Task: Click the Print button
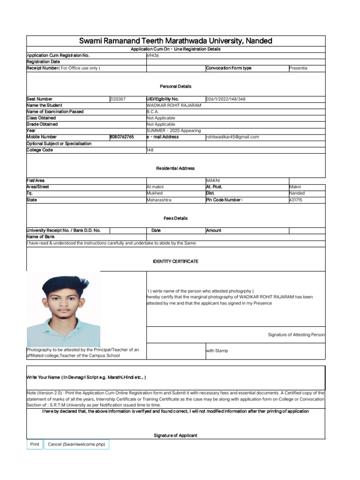click(35, 444)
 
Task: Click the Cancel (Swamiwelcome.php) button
click(76, 444)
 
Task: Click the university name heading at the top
click(175, 41)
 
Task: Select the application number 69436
click(153, 55)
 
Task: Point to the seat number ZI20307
click(118, 99)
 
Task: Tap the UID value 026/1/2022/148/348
click(225, 99)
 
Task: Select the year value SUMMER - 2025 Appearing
click(173, 131)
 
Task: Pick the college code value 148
click(150, 150)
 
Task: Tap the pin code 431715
click(296, 200)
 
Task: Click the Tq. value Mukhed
click(155, 193)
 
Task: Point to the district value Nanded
click(297, 193)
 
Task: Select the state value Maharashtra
click(159, 200)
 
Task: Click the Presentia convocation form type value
click(298, 68)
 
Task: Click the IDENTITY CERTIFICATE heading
click(175, 262)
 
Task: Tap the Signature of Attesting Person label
click(296, 335)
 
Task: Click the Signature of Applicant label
click(175, 435)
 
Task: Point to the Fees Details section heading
click(175, 218)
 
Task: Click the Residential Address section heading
click(175, 168)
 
